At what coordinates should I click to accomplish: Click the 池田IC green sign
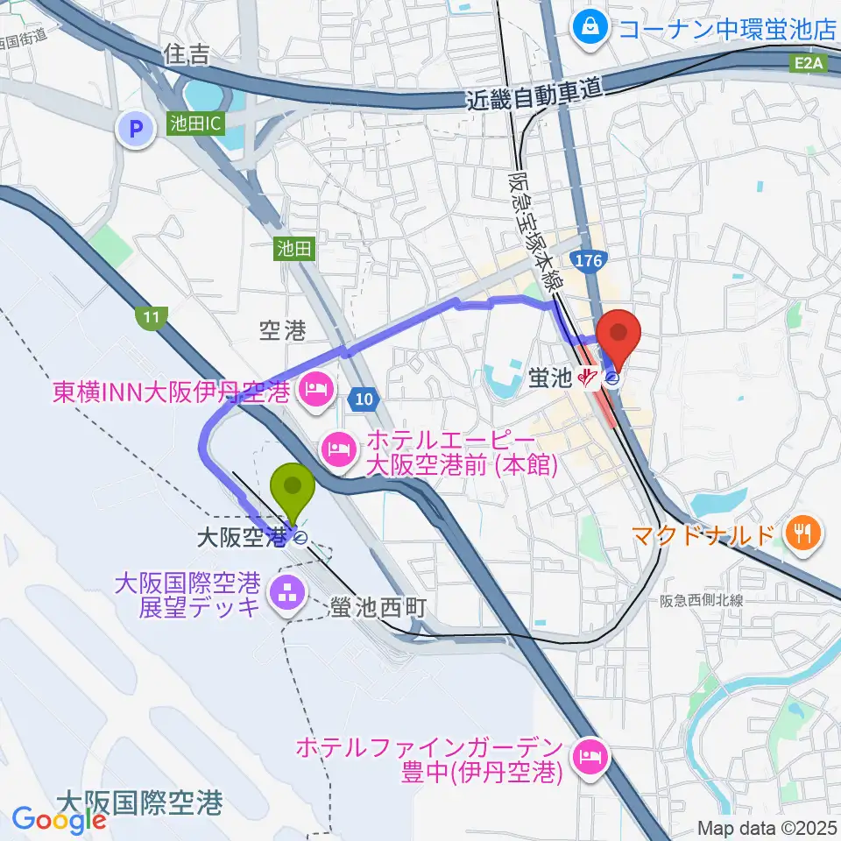[x=189, y=125]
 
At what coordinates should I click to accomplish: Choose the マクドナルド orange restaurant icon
[x=802, y=530]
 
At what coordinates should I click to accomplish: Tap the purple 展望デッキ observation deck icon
[x=286, y=594]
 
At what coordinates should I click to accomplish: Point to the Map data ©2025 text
[x=767, y=827]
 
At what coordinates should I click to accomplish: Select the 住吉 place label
[x=187, y=55]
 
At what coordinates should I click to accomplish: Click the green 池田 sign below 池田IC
[x=293, y=250]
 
